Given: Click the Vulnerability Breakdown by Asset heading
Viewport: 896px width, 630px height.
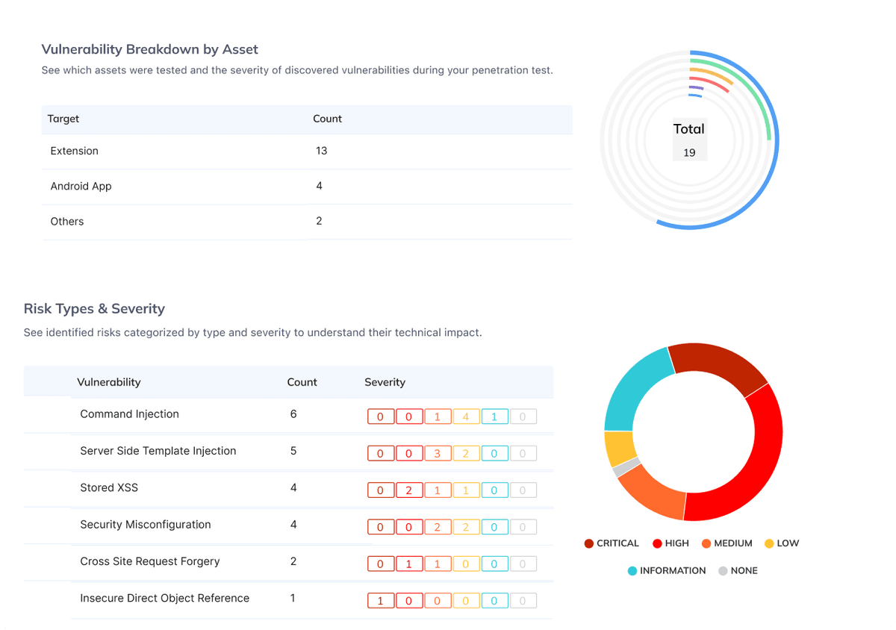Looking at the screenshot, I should [x=149, y=50].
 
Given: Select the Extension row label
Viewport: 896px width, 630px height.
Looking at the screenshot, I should [x=74, y=151].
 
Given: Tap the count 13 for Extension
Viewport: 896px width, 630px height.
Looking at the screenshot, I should [x=321, y=151].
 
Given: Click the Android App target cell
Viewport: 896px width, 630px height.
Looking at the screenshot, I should [x=81, y=186].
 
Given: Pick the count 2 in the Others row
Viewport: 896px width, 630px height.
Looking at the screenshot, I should [x=319, y=221].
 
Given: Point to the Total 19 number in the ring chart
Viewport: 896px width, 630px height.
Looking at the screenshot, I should [x=688, y=152].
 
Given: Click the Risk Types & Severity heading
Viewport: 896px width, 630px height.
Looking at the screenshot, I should [x=94, y=309].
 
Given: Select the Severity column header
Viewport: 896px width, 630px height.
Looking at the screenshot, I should [x=385, y=382].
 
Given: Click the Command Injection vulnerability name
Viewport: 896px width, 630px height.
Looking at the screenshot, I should [x=129, y=414].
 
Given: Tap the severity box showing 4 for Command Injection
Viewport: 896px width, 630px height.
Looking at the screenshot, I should [x=466, y=417].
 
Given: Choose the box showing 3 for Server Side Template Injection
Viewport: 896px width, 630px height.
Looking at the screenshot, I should [x=437, y=453].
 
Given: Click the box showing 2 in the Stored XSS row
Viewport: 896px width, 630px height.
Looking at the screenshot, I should [x=408, y=490].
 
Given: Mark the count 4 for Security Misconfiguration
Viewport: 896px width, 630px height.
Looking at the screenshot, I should [x=293, y=525].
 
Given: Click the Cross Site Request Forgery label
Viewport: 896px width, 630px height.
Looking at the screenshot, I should [x=149, y=561].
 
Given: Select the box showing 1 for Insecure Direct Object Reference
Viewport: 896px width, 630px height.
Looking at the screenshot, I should [x=380, y=601].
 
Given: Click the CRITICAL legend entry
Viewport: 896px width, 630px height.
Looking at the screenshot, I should [x=612, y=543].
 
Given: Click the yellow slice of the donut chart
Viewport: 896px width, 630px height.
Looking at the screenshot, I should [x=619, y=448].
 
